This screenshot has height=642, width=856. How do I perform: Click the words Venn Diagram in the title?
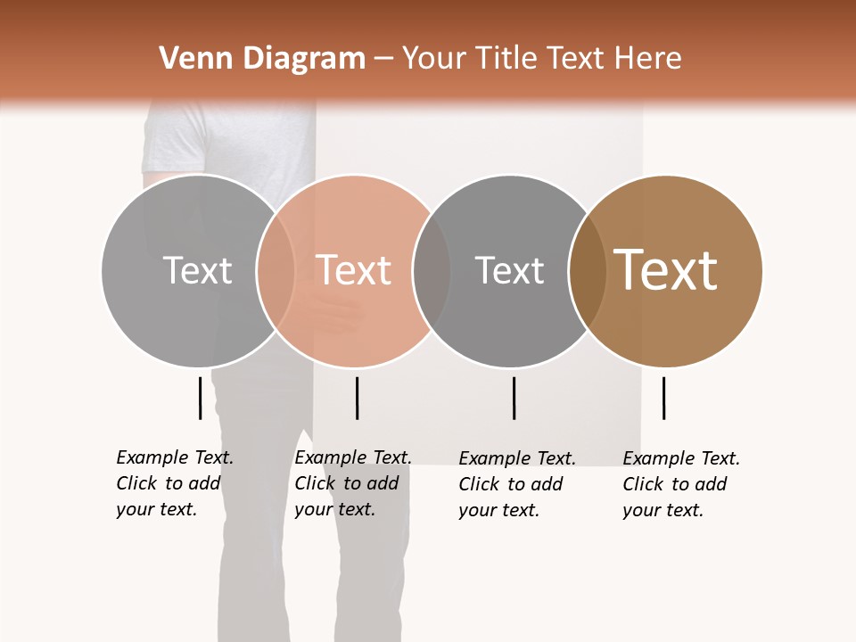point(262,59)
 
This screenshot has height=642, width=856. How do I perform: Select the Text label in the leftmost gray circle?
point(197,270)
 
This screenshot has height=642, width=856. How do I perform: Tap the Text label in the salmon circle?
point(353,270)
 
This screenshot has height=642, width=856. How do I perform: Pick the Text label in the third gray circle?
point(509,270)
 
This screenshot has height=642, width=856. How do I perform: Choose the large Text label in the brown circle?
point(665,270)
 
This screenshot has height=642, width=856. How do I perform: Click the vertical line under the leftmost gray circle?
point(200,398)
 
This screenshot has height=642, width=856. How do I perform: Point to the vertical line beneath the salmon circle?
point(357,398)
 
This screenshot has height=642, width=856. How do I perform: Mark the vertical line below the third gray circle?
point(514,398)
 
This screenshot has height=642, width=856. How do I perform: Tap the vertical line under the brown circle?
point(663,398)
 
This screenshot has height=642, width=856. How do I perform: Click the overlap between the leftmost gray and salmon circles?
point(276,270)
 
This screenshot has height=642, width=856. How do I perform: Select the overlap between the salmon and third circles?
point(432,270)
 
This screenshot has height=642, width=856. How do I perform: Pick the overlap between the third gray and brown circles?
point(588,270)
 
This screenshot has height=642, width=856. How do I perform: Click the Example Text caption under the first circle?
point(175,483)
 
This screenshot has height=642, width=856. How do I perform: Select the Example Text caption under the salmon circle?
point(353,483)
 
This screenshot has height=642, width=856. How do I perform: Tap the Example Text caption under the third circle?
point(517,484)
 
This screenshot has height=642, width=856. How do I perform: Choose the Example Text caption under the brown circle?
point(681,484)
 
